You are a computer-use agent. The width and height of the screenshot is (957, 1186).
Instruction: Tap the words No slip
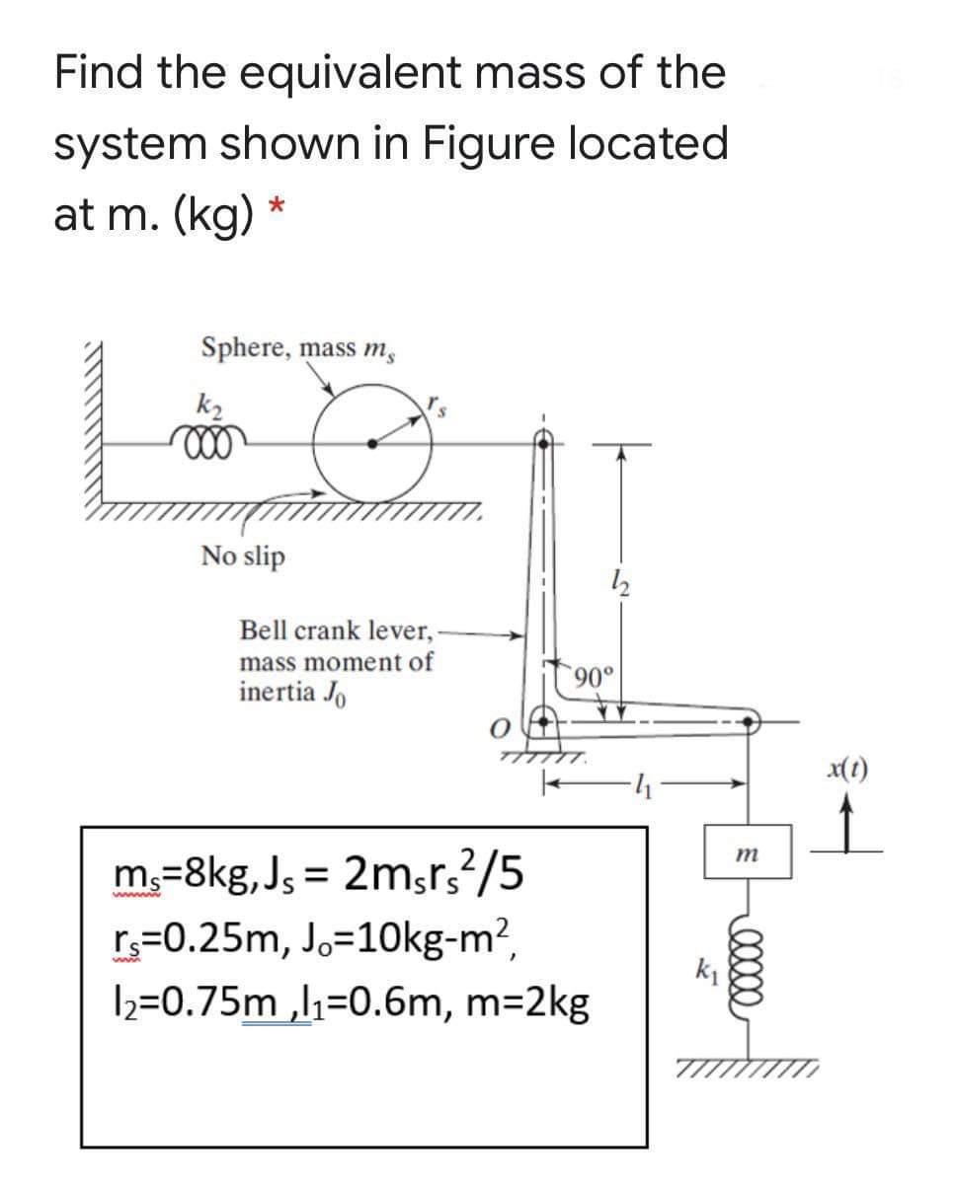(243, 556)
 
